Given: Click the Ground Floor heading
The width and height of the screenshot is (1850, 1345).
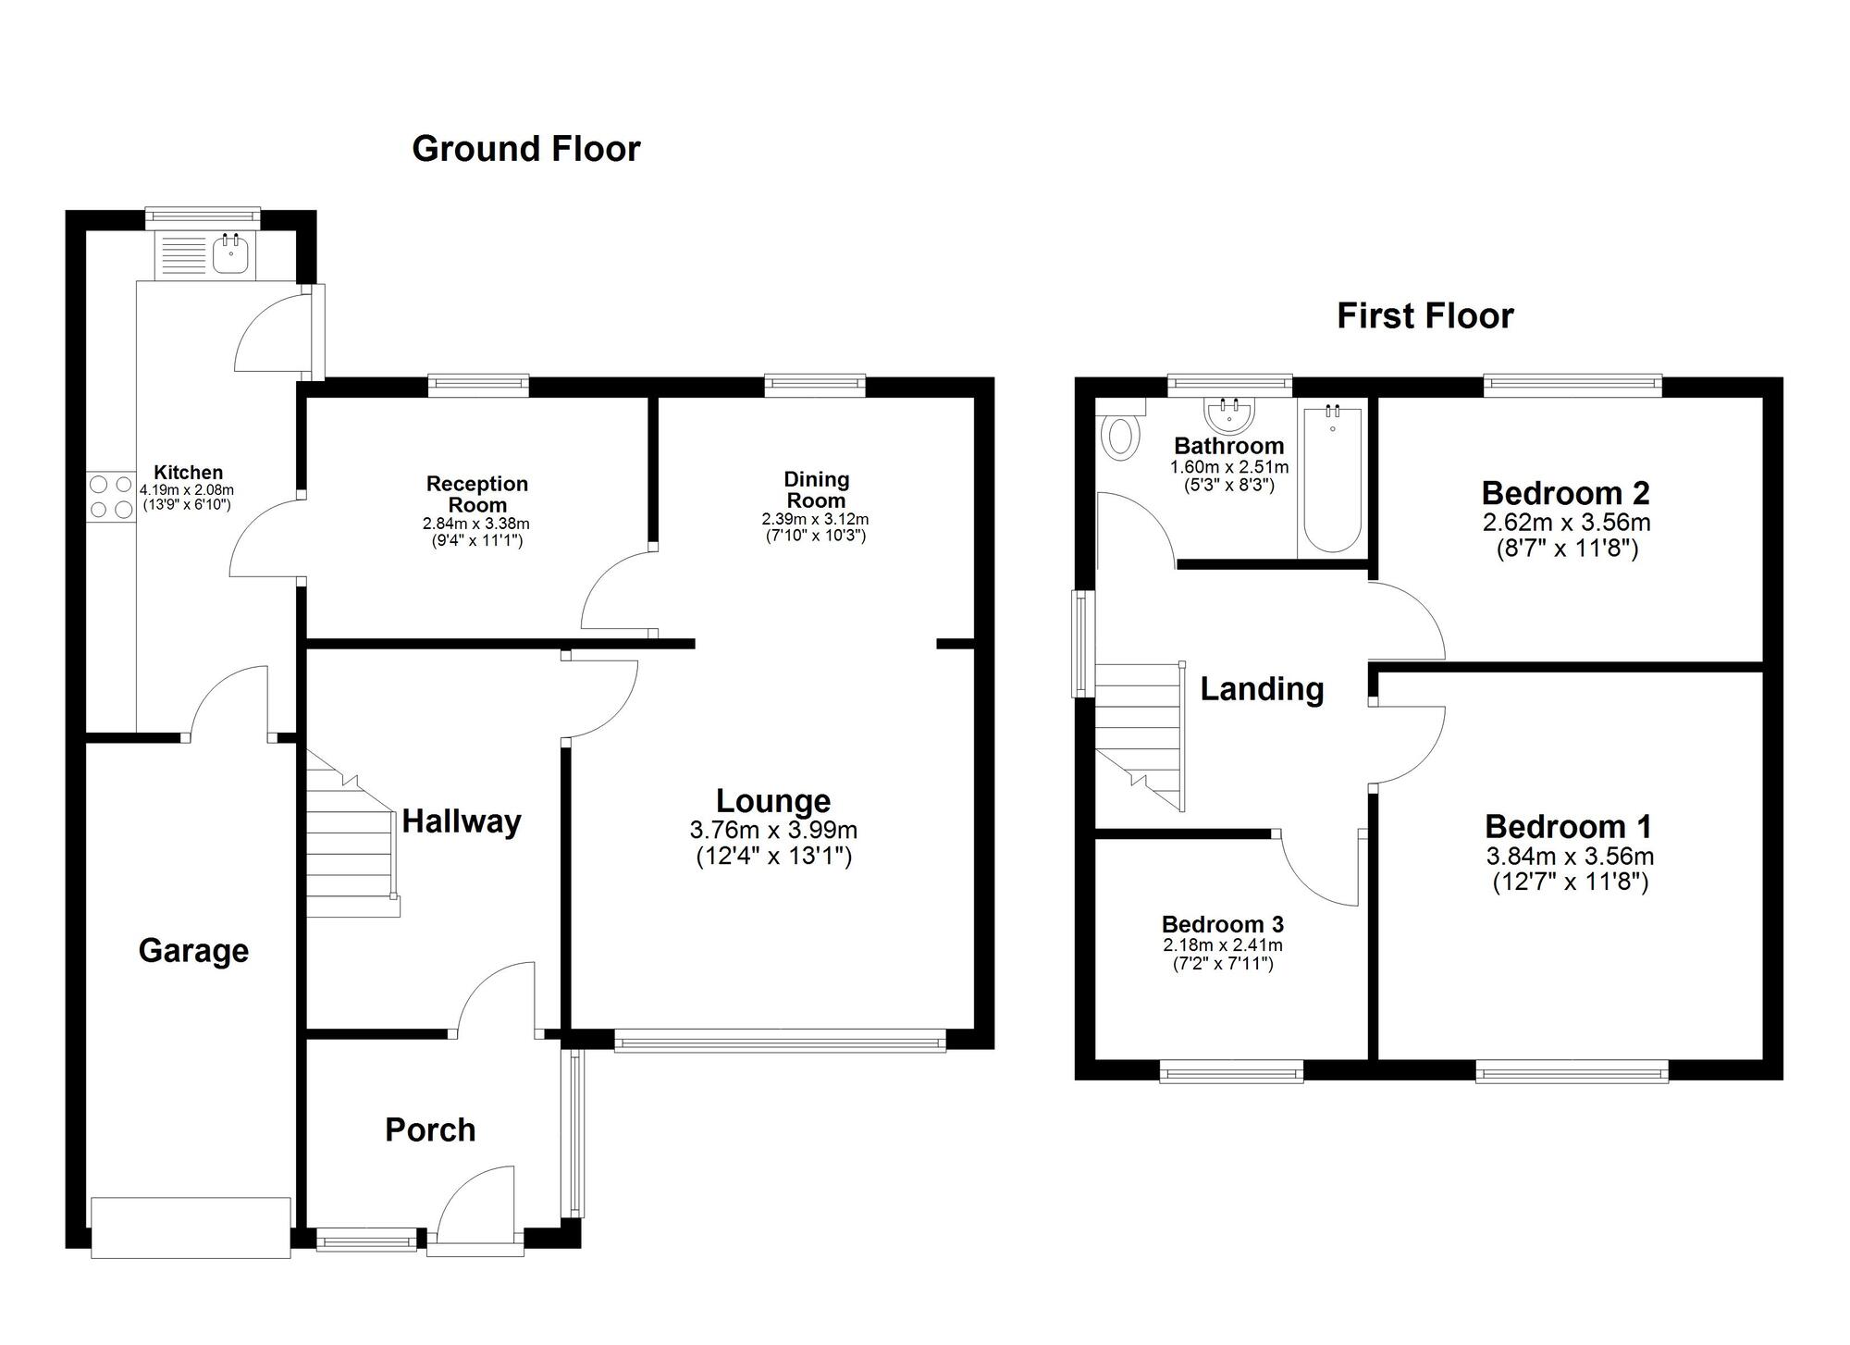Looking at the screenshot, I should tap(525, 149).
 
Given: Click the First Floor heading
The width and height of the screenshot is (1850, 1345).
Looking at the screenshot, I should tap(1424, 316).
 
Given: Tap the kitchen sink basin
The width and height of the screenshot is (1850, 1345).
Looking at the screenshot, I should tap(230, 253).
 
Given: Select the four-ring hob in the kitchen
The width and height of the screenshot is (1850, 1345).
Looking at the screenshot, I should tap(111, 497).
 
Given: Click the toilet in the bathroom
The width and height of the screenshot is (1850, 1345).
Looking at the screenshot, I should tap(1120, 435).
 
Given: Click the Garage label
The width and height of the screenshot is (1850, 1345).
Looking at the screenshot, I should tap(193, 951).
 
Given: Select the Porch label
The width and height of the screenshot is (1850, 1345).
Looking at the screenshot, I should tap(430, 1129).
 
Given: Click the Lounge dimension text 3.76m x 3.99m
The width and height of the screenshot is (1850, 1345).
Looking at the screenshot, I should tap(773, 830).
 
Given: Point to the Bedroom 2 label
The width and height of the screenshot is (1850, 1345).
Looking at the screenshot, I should tap(1565, 493).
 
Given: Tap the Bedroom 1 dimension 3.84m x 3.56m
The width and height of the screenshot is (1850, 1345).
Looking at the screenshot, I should tap(1570, 857).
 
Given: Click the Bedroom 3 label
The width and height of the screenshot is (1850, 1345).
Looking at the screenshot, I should tap(1222, 924).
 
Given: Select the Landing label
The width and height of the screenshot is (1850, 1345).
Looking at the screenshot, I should tap(1262, 689).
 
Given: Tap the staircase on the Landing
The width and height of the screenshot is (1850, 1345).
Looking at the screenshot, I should tap(1141, 735).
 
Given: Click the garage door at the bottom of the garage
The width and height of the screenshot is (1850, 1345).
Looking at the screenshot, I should tap(191, 1227).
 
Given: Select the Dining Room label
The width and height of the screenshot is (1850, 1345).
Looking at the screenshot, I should tap(816, 489).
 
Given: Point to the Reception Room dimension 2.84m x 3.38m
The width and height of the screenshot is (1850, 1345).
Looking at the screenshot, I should tap(476, 524).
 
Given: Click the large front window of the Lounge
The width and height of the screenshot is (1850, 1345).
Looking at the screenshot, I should tap(780, 1043).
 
